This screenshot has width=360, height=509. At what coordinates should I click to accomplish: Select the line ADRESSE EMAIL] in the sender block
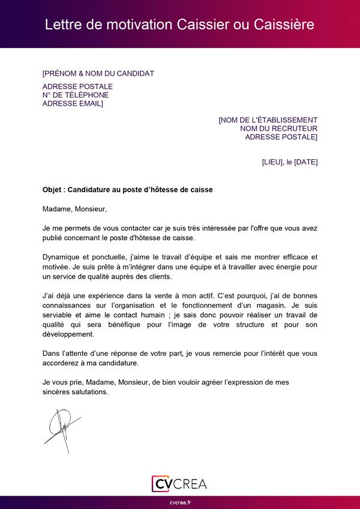click(73, 104)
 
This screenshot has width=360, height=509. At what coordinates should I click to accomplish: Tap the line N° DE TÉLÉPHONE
click(76, 95)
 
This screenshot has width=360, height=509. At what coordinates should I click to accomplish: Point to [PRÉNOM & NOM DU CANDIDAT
click(98, 74)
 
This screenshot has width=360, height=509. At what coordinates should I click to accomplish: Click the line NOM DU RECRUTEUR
click(278, 128)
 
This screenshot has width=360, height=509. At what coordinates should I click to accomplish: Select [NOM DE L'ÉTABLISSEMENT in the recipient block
click(268, 120)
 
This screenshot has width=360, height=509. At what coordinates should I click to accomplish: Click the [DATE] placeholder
click(306, 162)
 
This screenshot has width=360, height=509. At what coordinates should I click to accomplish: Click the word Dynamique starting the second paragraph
click(63, 257)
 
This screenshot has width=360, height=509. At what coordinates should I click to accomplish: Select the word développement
click(68, 334)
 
